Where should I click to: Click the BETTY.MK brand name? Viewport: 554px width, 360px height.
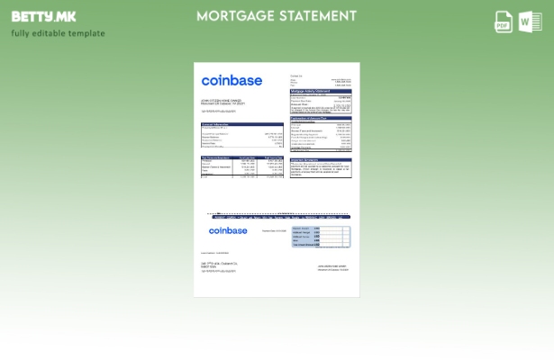tap(43, 16)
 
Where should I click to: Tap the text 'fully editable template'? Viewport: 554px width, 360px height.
tap(58, 33)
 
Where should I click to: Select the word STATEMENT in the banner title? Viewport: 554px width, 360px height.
tap(318, 16)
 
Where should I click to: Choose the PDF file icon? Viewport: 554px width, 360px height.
tap(504, 22)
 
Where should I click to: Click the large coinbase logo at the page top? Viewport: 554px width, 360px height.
tap(232, 81)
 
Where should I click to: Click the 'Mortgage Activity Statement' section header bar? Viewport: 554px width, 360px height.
tap(321, 91)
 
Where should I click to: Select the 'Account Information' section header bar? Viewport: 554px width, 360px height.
tap(241, 124)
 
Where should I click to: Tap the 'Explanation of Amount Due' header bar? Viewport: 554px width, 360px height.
tap(321, 117)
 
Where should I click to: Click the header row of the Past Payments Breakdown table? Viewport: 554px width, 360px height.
tap(241, 157)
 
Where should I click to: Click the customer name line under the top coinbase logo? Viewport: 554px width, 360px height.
tap(221, 100)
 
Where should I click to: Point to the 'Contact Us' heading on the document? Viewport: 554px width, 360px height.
tap(296, 76)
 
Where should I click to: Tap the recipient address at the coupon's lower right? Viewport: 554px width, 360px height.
tap(333, 267)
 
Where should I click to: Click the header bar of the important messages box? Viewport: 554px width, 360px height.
tap(321, 159)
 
